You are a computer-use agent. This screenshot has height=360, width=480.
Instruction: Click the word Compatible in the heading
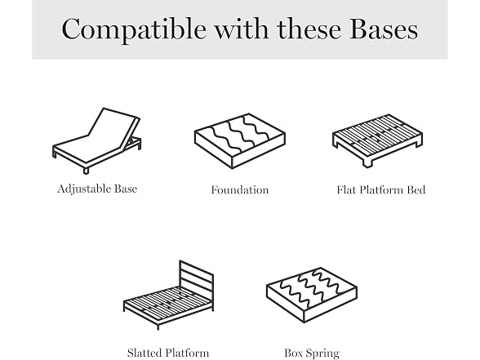pos(134,29)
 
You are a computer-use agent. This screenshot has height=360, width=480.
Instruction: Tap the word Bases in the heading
pos(384,29)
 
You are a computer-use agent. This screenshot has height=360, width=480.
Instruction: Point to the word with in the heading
pos(241,29)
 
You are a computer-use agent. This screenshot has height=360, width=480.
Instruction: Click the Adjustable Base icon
pos(96,140)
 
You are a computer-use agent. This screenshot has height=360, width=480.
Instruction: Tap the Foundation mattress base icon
pos(240,140)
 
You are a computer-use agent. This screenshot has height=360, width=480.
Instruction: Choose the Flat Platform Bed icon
pos(377,140)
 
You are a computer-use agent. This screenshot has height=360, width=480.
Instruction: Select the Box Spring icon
pos(312,296)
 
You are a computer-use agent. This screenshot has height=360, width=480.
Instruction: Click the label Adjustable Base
pos(97,189)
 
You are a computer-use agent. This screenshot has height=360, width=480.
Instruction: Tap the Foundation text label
pos(240,190)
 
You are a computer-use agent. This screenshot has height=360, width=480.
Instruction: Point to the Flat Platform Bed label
pos(381,190)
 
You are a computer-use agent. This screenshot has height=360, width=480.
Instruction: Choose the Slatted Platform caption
pos(168,353)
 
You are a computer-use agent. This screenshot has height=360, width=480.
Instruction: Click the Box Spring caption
pos(312,353)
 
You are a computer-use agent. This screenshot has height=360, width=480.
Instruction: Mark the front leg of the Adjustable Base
pos(86,171)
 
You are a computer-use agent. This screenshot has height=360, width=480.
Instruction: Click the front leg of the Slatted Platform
pos(158,327)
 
